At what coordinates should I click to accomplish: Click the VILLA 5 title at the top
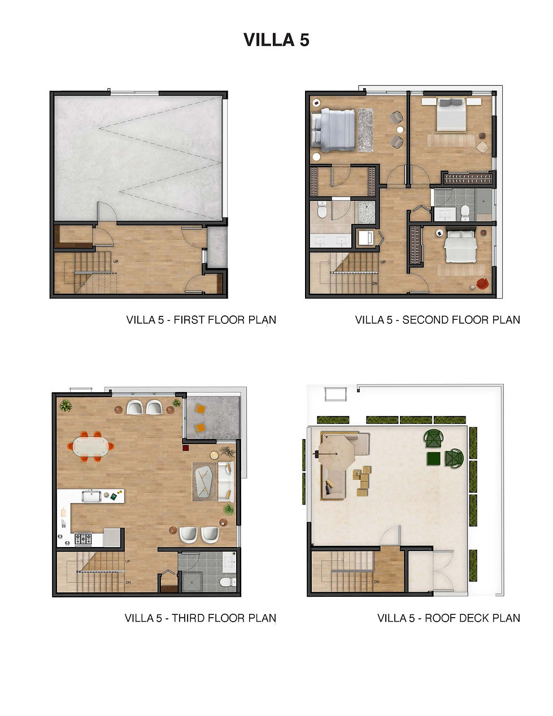[276, 40]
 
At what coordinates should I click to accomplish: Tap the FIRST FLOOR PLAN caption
[201, 320]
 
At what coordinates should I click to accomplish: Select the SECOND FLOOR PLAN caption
[437, 320]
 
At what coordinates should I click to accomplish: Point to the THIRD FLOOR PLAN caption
[200, 618]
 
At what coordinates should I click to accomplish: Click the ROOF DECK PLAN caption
[449, 618]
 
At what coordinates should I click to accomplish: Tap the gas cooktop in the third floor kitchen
[83, 539]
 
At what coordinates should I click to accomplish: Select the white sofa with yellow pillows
[227, 481]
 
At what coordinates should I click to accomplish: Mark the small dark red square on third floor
[185, 448]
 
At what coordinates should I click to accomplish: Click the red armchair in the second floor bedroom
[482, 284]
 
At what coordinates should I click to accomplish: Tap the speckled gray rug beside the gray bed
[365, 129]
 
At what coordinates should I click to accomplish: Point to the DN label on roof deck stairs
[376, 582]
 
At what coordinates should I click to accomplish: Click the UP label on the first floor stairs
[115, 262]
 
